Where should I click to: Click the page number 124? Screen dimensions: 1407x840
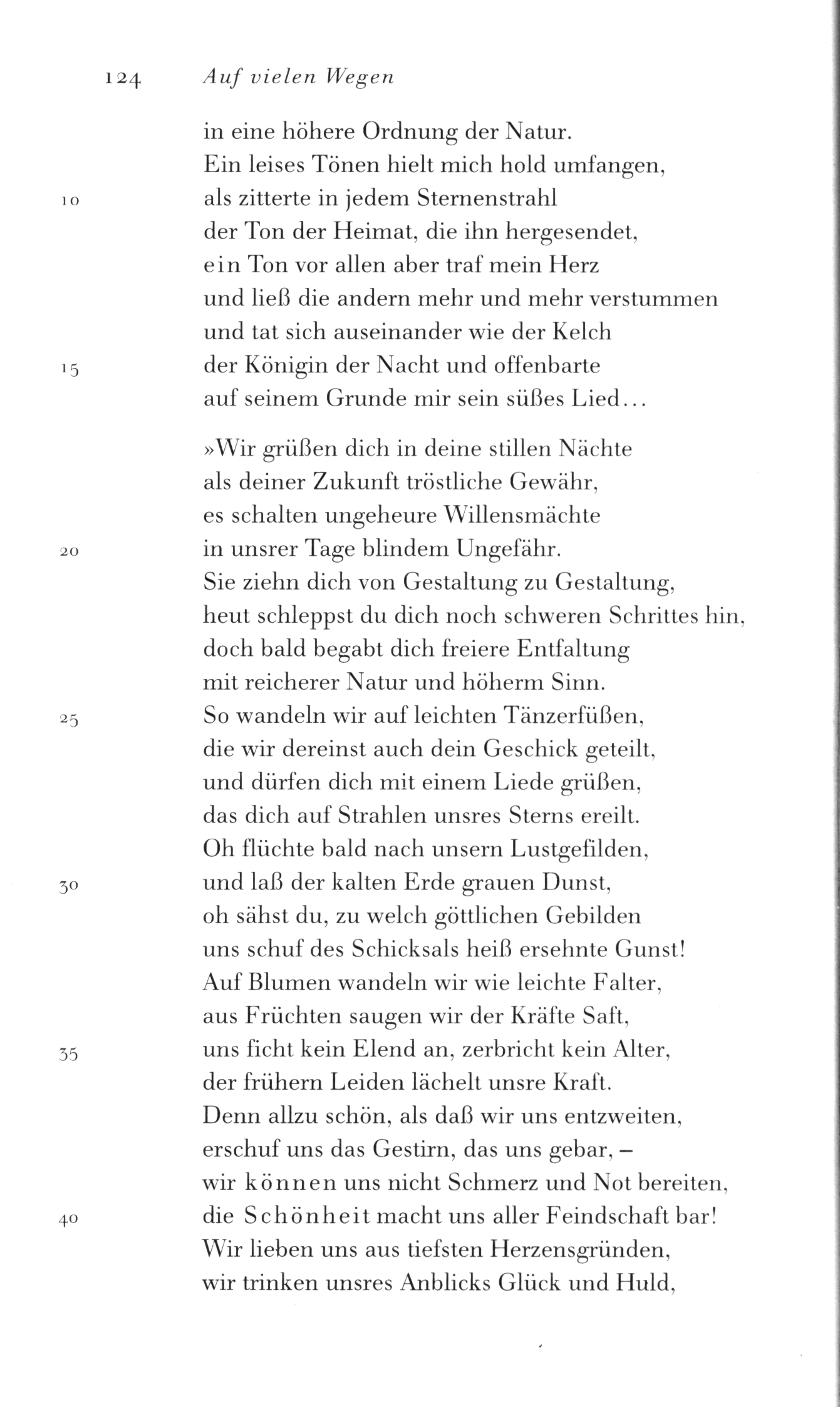124,78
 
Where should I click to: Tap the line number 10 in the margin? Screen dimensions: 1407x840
70,202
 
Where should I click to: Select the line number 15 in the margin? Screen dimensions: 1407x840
70,371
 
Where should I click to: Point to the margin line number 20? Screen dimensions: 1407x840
69,552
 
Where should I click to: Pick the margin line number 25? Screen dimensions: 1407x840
69,720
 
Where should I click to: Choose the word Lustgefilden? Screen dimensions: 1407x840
579,850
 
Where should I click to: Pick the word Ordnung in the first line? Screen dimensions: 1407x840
402,133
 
